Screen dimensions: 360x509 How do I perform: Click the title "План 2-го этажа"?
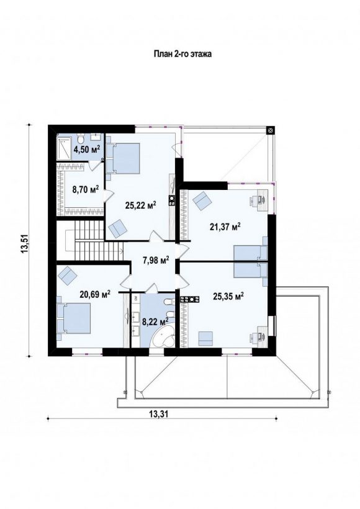(x=182, y=54)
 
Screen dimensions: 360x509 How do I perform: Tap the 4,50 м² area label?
(x=87, y=149)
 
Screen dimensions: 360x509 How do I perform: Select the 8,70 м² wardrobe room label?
(x=86, y=190)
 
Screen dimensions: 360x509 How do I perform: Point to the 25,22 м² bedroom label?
(x=140, y=205)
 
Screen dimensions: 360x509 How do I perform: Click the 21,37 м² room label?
(x=225, y=227)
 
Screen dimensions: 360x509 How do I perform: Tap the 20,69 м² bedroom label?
(x=95, y=294)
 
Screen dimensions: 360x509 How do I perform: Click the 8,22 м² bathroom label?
(x=155, y=322)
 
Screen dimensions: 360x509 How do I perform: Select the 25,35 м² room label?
(x=228, y=296)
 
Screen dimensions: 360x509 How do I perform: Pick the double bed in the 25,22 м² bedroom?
(x=123, y=158)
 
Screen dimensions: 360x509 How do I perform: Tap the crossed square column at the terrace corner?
(x=271, y=130)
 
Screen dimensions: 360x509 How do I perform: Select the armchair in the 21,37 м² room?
(x=202, y=200)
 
